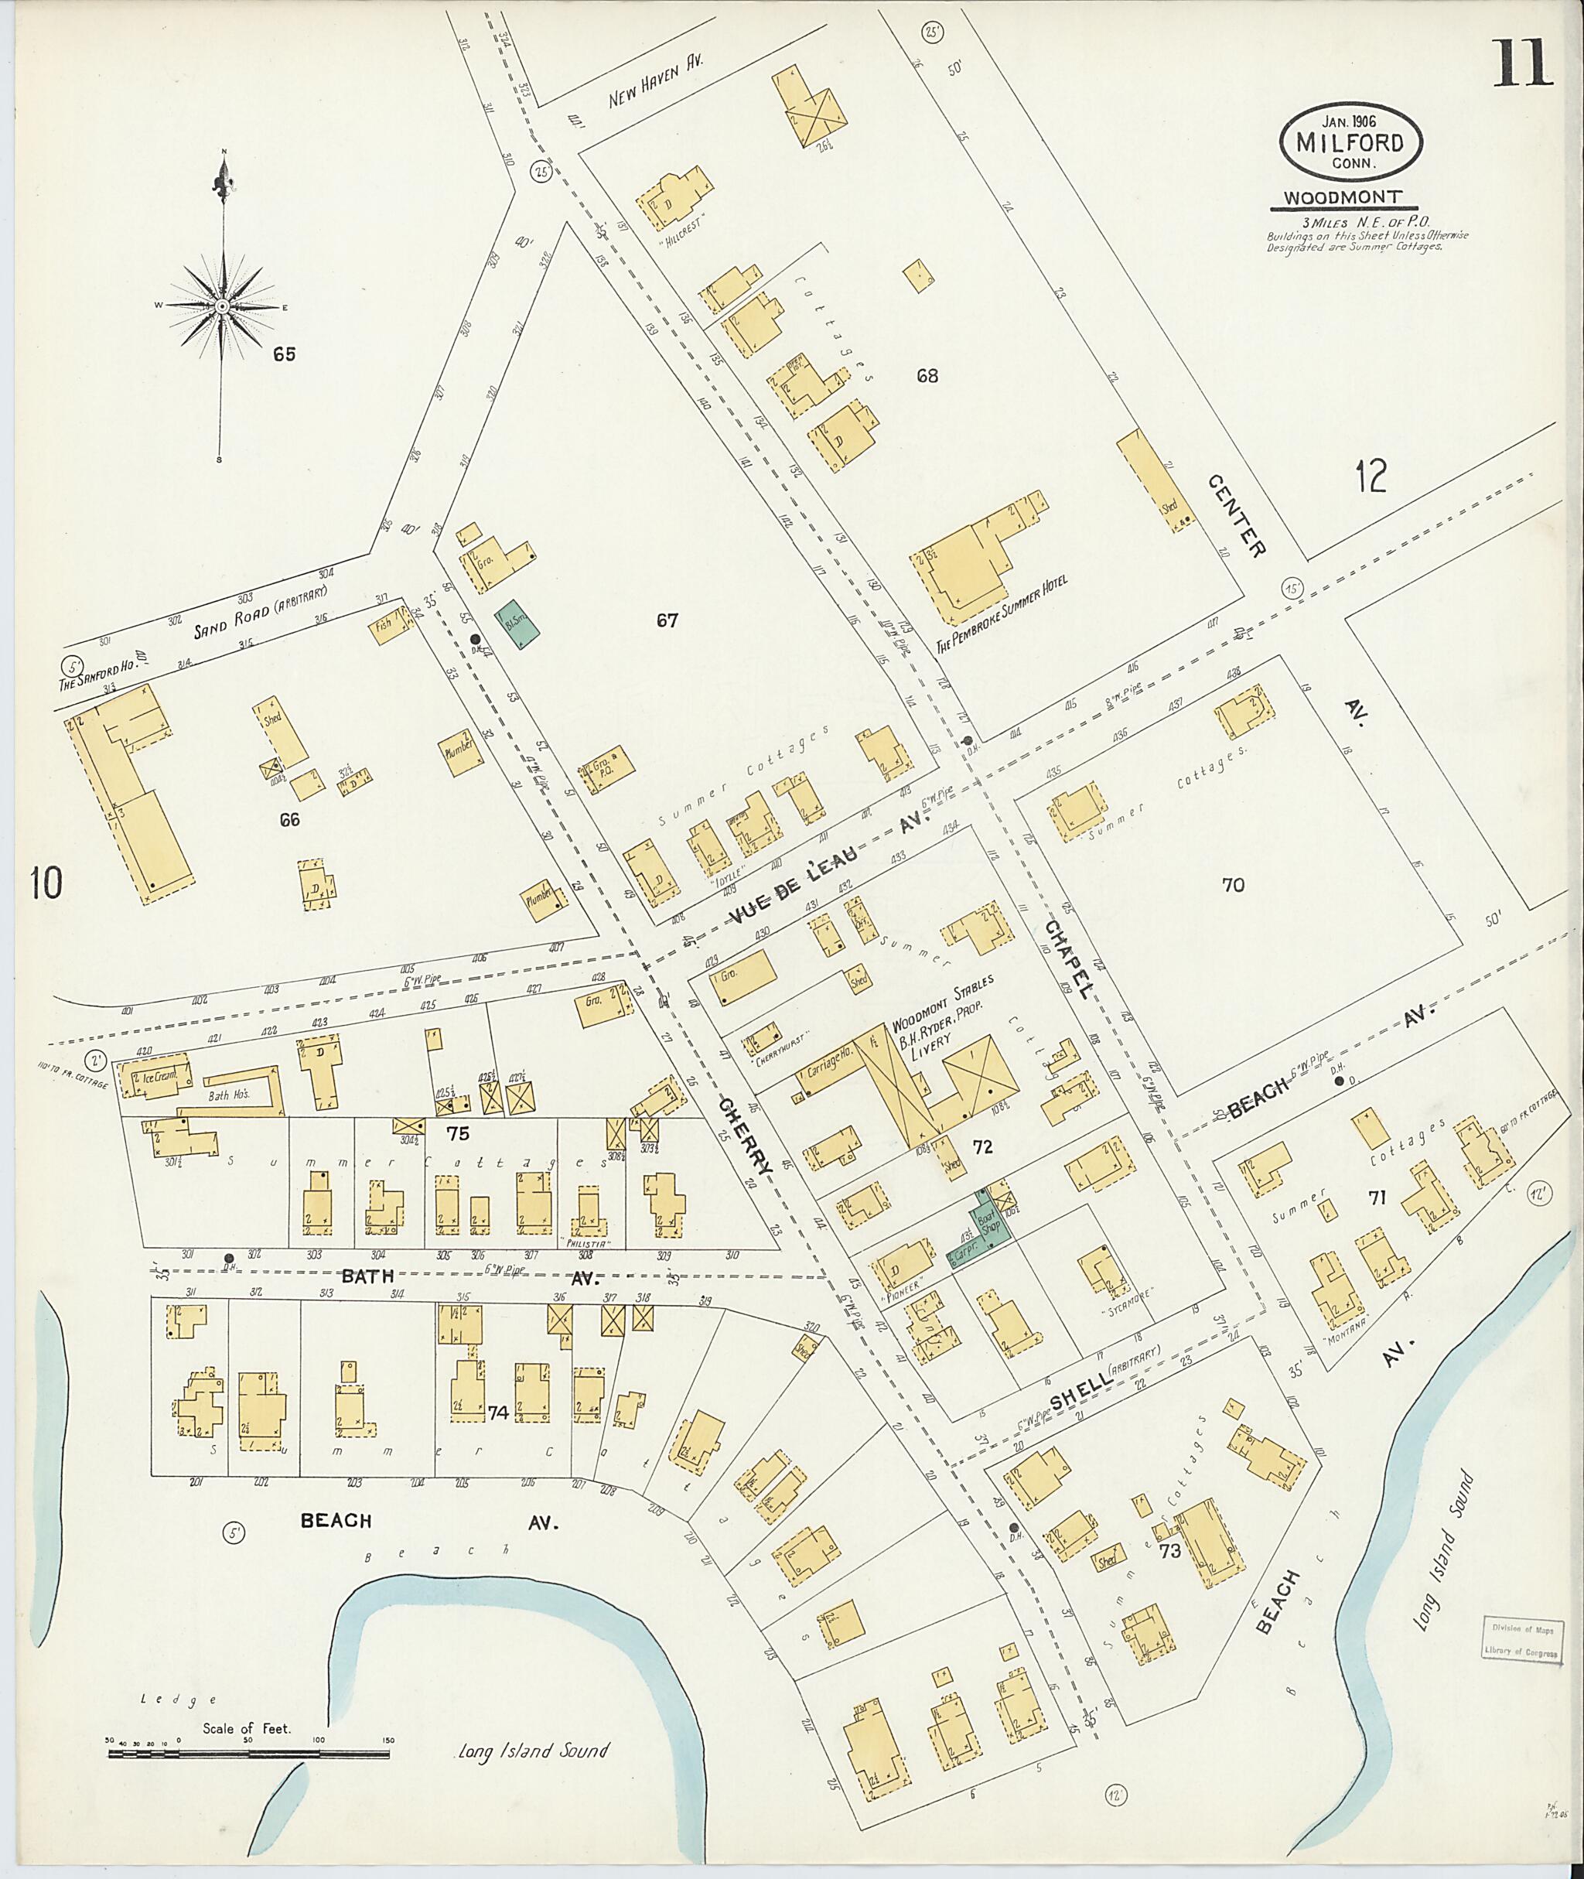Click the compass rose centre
pyautogui.click(x=221, y=306)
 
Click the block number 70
pyautogui.click(x=1233, y=885)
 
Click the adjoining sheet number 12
pyautogui.click(x=1371, y=475)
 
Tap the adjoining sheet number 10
pyautogui.click(x=45, y=883)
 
